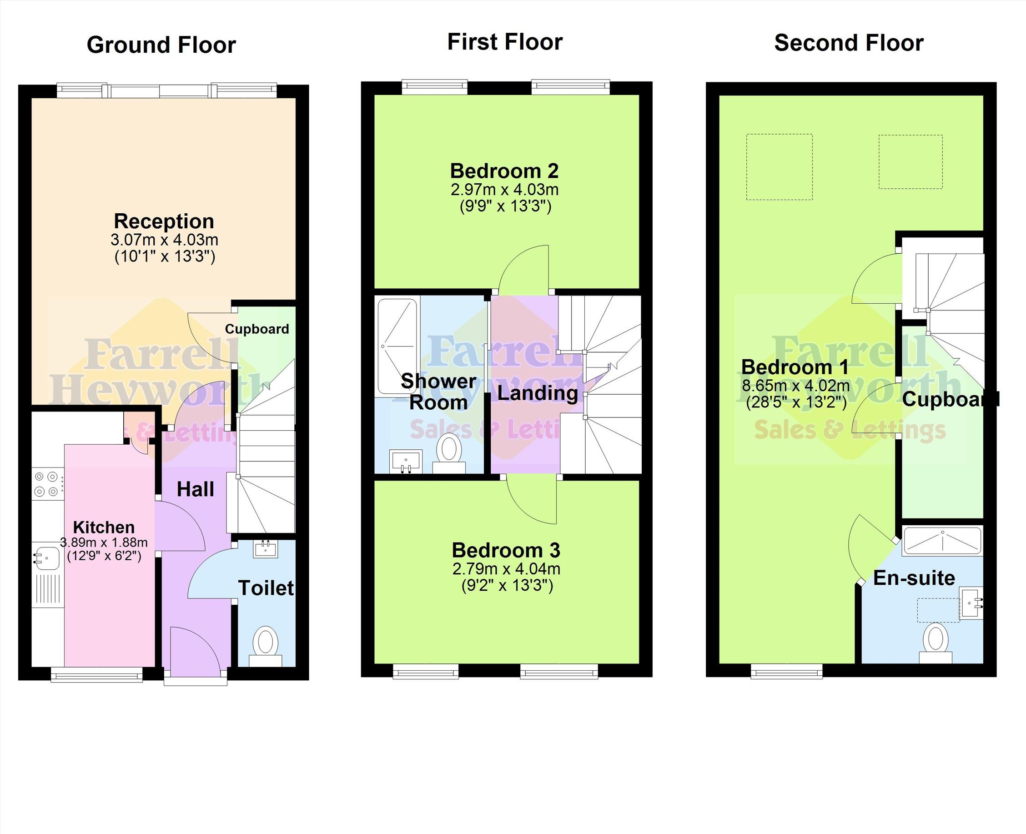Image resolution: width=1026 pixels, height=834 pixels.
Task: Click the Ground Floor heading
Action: [x=161, y=45]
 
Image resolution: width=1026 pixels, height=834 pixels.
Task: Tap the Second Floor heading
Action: [x=849, y=43]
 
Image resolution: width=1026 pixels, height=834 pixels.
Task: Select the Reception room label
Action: [x=164, y=221]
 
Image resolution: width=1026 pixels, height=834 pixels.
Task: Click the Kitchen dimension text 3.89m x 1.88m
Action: [x=104, y=543]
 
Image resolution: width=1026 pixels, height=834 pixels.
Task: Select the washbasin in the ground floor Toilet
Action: [x=266, y=548]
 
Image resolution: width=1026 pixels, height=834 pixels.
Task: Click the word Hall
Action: [x=195, y=490]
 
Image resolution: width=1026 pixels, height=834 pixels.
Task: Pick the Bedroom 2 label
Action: [x=504, y=171]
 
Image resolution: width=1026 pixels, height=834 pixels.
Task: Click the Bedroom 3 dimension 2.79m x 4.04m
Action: [x=506, y=569]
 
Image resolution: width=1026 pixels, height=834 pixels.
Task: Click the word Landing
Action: [x=538, y=393]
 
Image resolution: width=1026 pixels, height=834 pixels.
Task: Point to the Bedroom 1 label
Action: [x=795, y=367]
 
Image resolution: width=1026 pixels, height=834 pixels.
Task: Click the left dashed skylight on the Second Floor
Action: [x=779, y=167]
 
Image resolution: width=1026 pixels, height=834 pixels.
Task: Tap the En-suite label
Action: [x=914, y=578]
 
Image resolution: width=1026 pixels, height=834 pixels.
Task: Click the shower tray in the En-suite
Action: [x=942, y=541]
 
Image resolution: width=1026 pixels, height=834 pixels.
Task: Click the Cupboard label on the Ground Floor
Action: [x=257, y=329]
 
